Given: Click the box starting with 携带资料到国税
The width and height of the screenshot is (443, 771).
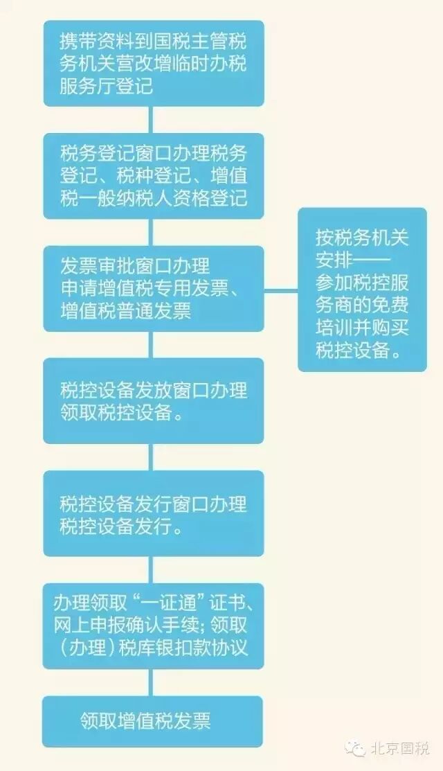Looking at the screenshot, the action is pyautogui.click(x=153, y=63).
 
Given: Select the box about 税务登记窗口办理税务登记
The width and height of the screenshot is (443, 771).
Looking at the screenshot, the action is pyautogui.click(x=153, y=176).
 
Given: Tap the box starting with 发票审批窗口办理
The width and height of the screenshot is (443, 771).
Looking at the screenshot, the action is pyautogui.click(x=153, y=288).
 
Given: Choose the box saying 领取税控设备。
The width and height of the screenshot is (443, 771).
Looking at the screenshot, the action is pyautogui.click(x=153, y=400).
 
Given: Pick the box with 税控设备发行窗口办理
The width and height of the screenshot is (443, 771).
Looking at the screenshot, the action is pyautogui.click(x=153, y=513).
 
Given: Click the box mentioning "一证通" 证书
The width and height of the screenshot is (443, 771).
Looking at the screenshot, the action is pyautogui.click(x=153, y=626).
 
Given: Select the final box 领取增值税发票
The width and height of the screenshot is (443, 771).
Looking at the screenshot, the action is pyautogui.click(x=153, y=721).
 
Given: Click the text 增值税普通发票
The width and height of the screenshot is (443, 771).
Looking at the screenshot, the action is pyautogui.click(x=125, y=312).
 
